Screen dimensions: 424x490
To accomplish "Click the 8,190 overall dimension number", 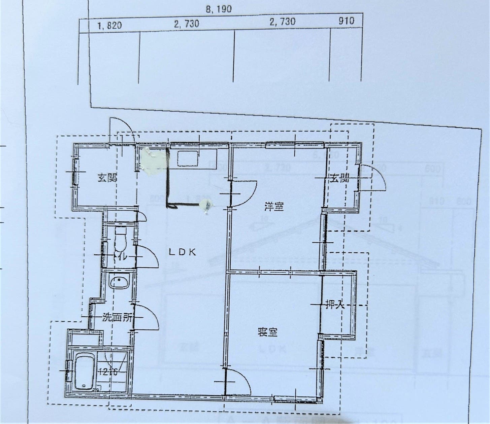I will (219, 9).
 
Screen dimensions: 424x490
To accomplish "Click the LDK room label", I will (182, 252).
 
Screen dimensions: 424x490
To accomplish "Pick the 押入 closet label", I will (335, 305).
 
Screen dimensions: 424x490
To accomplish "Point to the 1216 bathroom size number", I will (108, 372).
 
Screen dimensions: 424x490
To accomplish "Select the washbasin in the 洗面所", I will (119, 281).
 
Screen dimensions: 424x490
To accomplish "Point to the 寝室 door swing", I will (238, 382).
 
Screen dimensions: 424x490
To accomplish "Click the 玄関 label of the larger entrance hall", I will (107, 178).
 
